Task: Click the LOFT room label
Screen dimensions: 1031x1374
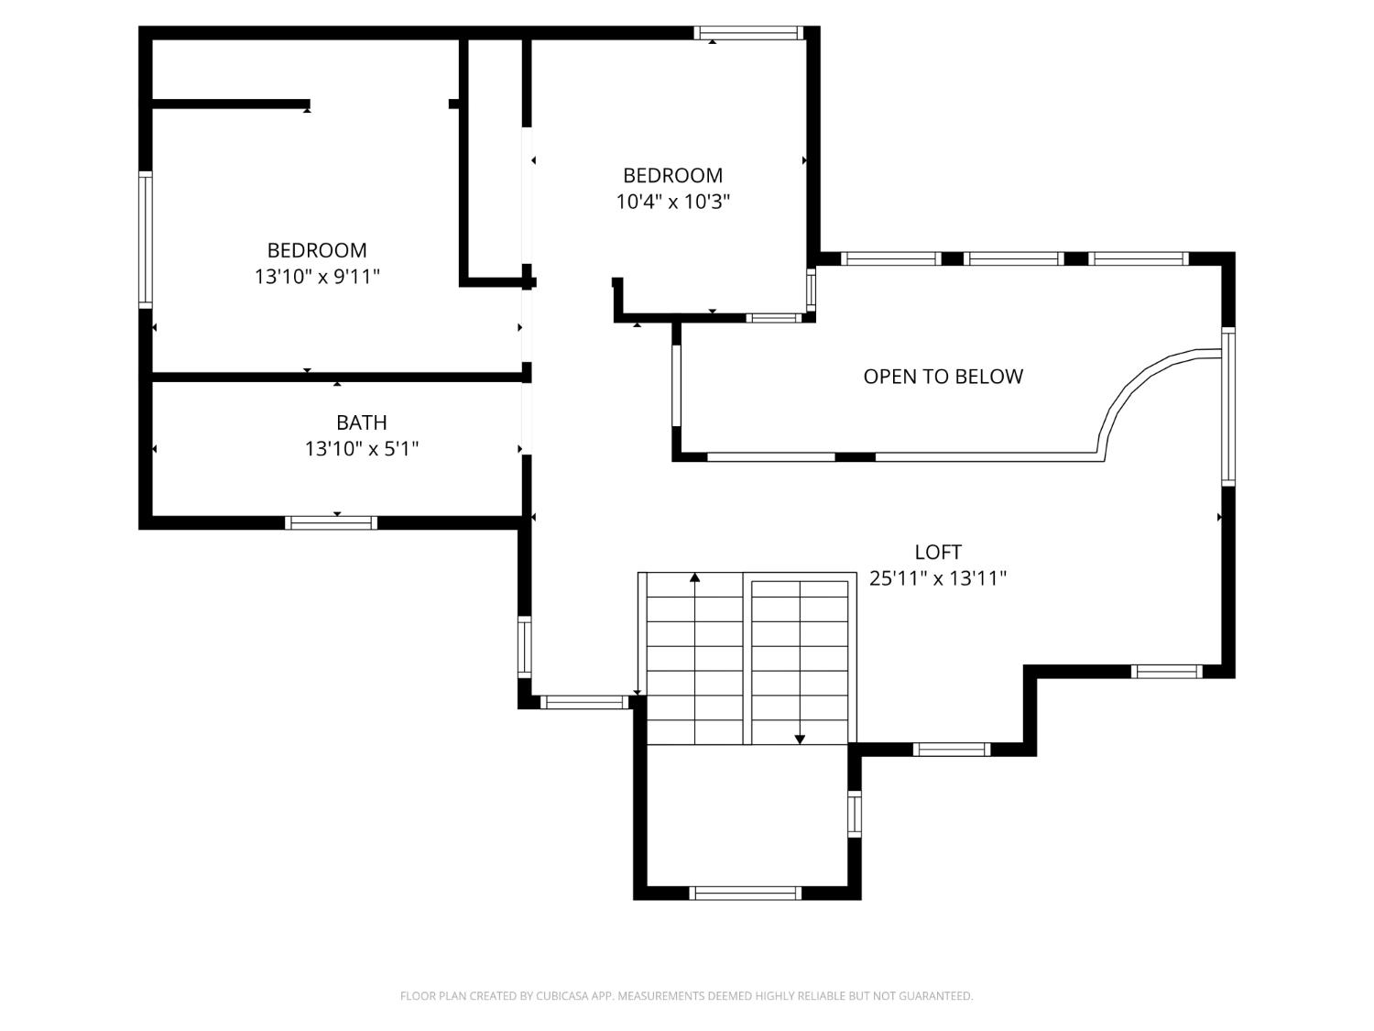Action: tap(938, 552)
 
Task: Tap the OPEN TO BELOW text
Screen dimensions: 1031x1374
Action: tap(943, 376)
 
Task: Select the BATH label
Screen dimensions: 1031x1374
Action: tap(361, 422)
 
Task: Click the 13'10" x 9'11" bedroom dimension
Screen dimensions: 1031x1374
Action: tap(317, 276)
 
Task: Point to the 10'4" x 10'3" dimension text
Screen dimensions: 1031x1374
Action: tap(672, 202)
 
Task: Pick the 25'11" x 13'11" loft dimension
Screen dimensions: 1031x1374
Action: tap(938, 578)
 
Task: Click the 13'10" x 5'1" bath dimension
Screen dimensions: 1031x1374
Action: tap(361, 449)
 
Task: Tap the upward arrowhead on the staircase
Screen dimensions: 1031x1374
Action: tap(695, 577)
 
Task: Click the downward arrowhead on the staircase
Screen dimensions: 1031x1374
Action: tap(800, 739)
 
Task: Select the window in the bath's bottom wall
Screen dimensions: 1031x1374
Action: tap(331, 522)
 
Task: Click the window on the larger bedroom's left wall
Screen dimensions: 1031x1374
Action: tap(145, 239)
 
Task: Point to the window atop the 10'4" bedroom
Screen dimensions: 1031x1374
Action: tap(748, 33)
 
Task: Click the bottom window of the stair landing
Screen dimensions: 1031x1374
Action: tap(745, 893)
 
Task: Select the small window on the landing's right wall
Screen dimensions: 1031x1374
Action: tap(854, 814)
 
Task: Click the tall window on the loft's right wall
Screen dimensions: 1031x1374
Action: tap(1228, 406)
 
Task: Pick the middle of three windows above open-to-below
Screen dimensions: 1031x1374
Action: tap(1014, 259)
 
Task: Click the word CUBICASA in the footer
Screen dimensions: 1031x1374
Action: tap(562, 996)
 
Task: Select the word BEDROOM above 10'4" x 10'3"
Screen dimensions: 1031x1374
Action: tap(672, 175)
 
